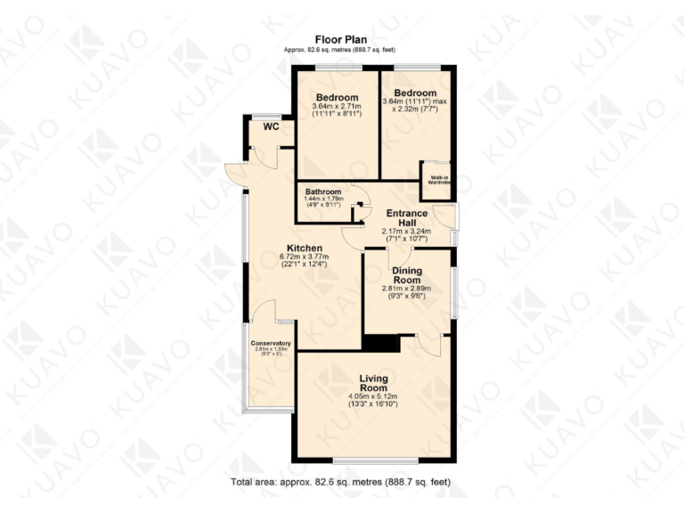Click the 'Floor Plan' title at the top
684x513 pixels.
click(342, 38)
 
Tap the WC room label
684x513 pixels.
click(272, 127)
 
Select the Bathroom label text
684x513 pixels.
click(323, 191)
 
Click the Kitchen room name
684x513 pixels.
click(304, 248)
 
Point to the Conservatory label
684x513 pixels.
click(271, 343)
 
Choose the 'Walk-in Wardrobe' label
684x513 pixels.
click(436, 181)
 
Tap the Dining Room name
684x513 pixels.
click(407, 275)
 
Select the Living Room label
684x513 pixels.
click(373, 383)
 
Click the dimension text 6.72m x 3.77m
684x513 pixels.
click(304, 257)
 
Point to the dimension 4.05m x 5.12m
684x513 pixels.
click(373, 396)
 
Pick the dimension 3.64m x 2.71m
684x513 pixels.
click(336, 107)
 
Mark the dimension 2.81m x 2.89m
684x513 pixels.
click(407, 289)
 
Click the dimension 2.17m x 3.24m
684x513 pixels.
click(406, 232)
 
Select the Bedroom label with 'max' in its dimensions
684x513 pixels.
click(415, 93)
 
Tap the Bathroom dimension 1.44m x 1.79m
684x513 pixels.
click(323, 199)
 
